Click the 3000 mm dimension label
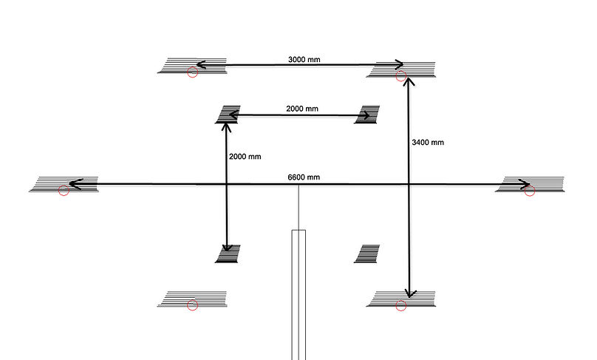coord(304,59)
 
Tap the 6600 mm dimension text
coord(304,177)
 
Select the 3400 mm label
coord(428,143)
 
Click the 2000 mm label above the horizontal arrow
coord(302,109)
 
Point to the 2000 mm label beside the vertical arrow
coord(245,157)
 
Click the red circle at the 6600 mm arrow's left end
coord(64,191)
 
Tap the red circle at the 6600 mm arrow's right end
coord(530,191)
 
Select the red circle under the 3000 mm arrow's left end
coord(193,72)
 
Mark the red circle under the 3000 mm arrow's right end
coord(401,76)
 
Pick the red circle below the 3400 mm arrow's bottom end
coord(401,305)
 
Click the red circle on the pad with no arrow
coord(193,305)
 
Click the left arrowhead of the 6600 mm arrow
coord(76,184)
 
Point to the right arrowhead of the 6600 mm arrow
coord(524,184)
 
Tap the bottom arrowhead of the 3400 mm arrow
coord(409,293)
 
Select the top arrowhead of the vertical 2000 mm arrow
coord(227,127)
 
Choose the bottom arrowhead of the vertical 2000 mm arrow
coord(227,247)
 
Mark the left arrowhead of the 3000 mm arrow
coord(202,65)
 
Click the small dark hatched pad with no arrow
coord(367,254)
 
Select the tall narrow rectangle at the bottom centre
coord(299,295)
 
